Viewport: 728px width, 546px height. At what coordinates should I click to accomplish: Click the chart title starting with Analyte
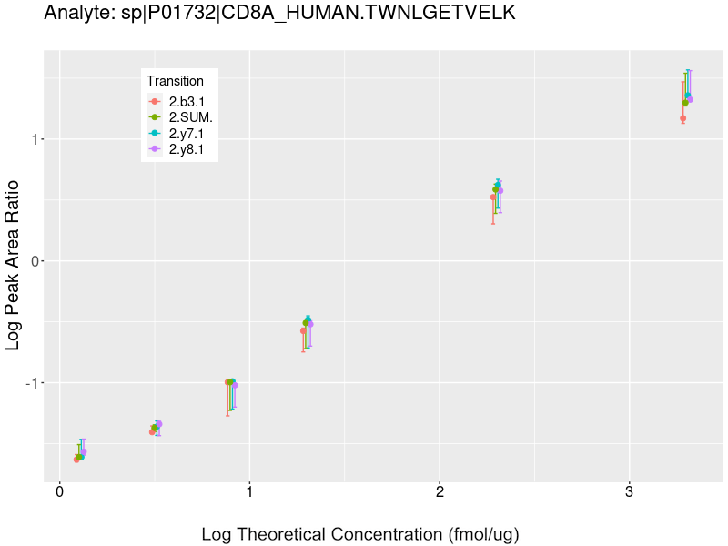[280, 13]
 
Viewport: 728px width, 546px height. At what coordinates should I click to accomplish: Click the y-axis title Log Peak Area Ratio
[14, 264]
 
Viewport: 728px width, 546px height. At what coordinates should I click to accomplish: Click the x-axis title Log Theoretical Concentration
[360, 534]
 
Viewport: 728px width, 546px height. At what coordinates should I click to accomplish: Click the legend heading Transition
[176, 81]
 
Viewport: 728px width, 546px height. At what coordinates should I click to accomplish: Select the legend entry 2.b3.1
[187, 102]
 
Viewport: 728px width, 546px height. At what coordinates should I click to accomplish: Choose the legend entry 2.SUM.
[190, 117]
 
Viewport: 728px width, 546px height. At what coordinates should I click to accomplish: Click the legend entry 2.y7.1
[187, 133]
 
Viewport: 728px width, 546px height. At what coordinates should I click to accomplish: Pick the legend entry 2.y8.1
[187, 148]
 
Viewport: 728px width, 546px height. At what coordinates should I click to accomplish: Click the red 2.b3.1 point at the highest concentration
[682, 118]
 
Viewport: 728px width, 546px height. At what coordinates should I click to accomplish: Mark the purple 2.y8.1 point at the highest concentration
[691, 99]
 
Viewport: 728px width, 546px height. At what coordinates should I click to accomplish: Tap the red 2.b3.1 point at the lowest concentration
[76, 460]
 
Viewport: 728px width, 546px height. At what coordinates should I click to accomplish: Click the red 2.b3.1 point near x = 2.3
[493, 197]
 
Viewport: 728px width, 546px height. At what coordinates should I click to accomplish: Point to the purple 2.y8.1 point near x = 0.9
[235, 385]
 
